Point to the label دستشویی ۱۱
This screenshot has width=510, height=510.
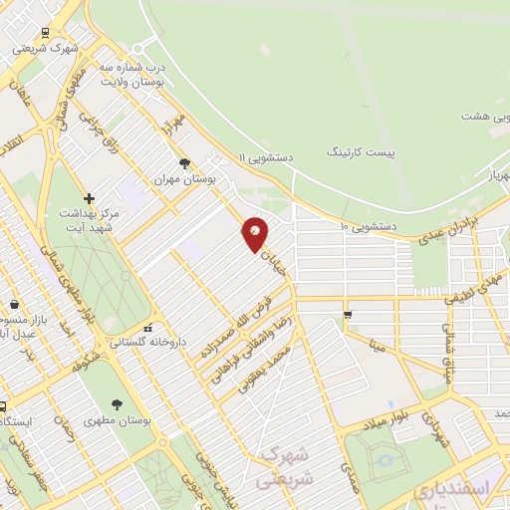click(268, 156)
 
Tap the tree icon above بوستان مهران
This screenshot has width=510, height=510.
click(183, 163)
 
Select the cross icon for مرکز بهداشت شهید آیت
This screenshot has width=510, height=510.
click(90, 198)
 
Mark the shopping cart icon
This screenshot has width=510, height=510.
click(348, 315)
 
